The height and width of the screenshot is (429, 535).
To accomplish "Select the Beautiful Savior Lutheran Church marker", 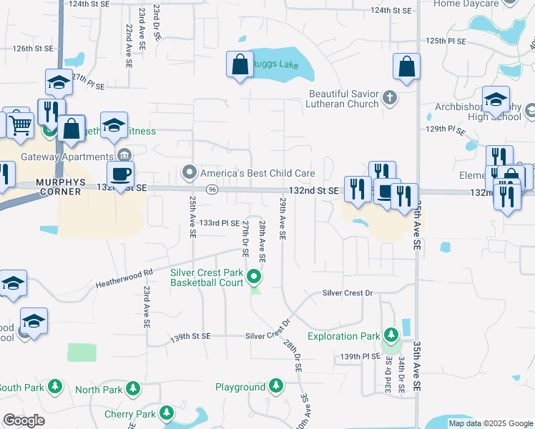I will [x=390, y=97].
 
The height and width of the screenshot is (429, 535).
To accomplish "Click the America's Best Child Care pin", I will [x=190, y=172].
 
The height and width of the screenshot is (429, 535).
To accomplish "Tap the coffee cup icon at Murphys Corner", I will [x=120, y=173].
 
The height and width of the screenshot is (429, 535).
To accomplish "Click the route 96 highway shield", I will [x=212, y=189].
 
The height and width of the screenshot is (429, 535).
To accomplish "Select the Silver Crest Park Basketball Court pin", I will [x=254, y=276].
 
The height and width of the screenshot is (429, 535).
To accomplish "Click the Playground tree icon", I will [x=275, y=387].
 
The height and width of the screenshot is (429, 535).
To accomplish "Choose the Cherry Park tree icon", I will [x=167, y=414].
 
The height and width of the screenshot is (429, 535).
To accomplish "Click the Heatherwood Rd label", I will [x=124, y=279].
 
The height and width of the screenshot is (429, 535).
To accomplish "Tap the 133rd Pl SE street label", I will [x=219, y=223].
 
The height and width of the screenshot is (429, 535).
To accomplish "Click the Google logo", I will [x=24, y=420].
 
